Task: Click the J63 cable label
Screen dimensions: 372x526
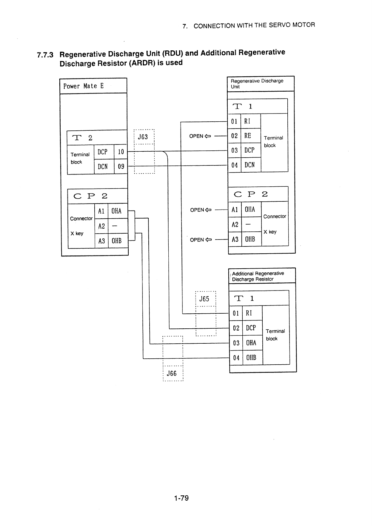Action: tap(143, 137)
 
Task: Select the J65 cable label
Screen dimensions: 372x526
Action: tap(204, 299)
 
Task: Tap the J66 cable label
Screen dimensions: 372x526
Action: tap(171, 373)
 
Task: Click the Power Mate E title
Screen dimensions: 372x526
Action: tap(83, 86)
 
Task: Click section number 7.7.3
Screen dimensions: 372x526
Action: tap(45, 55)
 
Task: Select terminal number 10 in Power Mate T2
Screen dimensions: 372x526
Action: tap(121, 152)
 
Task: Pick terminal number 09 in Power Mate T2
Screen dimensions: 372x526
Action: tap(121, 166)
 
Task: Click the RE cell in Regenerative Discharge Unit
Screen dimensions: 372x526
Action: tap(251, 135)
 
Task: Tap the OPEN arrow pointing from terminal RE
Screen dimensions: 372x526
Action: tap(208, 136)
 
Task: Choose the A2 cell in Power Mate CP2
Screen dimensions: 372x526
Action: tap(102, 226)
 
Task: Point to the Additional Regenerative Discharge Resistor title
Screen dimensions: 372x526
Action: tap(258, 276)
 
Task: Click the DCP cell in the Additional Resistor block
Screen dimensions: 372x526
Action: tap(252, 328)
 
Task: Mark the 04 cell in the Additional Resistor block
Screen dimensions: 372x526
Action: tap(236, 358)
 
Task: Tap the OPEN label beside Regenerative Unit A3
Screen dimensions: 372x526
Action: tap(197, 240)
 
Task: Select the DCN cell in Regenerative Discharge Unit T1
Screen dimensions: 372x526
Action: tap(251, 165)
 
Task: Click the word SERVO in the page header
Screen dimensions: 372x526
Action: tap(279, 25)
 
